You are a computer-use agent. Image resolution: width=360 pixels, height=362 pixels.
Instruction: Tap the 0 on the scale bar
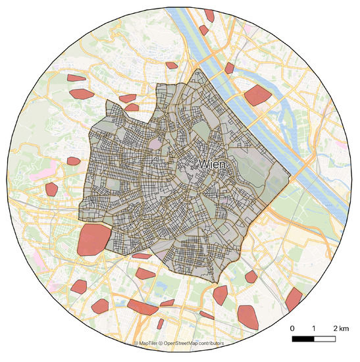(x=292, y=328)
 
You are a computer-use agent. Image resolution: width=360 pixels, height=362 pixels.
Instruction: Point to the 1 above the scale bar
(x=314, y=328)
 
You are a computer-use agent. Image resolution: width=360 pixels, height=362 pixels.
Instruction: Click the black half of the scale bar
(x=303, y=339)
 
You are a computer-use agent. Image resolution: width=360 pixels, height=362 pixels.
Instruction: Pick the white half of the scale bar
(x=324, y=339)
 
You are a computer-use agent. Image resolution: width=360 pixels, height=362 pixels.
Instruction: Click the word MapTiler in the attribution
(x=151, y=344)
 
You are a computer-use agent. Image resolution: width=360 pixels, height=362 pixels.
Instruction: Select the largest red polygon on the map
(x=92, y=240)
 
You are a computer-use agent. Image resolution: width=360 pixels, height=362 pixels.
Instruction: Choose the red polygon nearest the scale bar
(x=248, y=315)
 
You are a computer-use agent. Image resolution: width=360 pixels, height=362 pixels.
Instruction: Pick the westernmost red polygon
(x=51, y=190)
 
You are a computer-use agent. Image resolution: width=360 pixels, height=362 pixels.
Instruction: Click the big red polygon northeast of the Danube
(x=257, y=95)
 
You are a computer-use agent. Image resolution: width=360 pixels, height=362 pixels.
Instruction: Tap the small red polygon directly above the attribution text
(x=160, y=324)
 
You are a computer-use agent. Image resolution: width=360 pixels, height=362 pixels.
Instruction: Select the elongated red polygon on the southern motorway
(x=142, y=307)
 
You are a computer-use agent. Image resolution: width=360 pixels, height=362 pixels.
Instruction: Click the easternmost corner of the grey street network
(x=290, y=178)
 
